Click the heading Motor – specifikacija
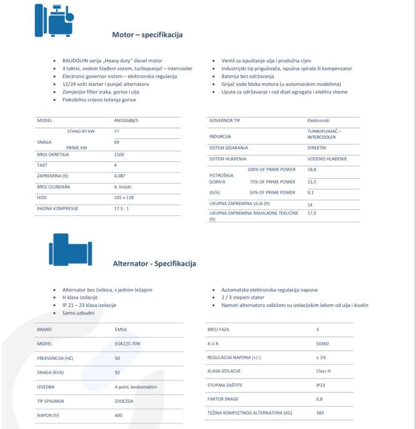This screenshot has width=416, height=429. [147, 34]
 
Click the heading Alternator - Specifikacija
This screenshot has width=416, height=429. [154, 264]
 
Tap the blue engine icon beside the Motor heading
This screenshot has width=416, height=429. [54, 22]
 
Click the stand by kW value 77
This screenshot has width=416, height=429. [117, 131]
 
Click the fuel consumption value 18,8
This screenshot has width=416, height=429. [312, 169]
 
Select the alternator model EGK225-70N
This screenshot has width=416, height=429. [129, 342]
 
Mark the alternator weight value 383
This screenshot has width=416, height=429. [320, 413]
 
